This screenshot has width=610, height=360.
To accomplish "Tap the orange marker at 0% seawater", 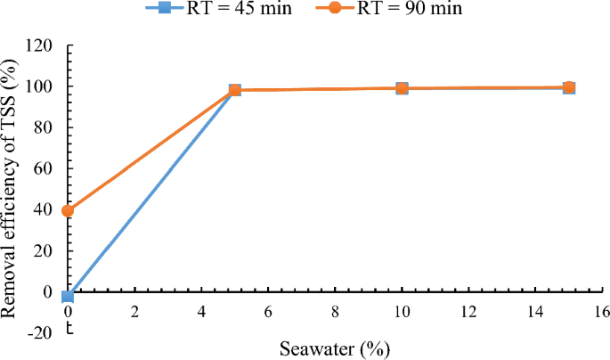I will click(x=68, y=211).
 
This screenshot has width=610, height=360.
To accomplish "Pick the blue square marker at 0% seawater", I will click(x=68, y=296).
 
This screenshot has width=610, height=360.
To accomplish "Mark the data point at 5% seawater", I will click(x=235, y=90).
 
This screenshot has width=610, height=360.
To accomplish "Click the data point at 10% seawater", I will click(x=402, y=88).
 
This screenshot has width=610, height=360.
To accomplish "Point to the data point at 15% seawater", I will click(x=569, y=87).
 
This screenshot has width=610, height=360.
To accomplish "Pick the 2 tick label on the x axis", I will click(x=134, y=314).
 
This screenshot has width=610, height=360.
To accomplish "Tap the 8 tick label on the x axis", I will click(x=335, y=314).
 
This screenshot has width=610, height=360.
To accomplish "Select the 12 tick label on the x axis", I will click(x=468, y=314).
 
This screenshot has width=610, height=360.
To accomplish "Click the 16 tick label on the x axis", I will click(x=602, y=314).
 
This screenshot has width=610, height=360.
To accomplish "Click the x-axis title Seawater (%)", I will click(x=335, y=346).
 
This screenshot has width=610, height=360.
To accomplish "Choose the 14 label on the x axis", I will click(x=535, y=314).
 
